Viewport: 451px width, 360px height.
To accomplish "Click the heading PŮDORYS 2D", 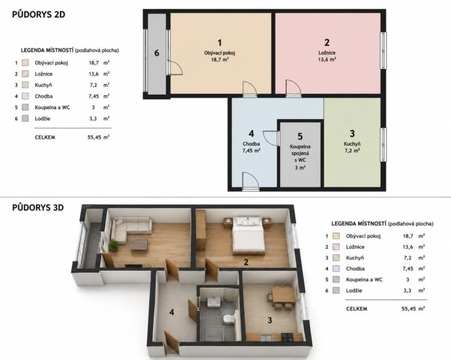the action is [39, 14].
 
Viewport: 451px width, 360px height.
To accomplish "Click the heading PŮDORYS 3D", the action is [38, 208].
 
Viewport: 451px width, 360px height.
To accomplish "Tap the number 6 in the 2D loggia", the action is [156, 53].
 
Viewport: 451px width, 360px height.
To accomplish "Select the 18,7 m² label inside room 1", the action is [220, 60].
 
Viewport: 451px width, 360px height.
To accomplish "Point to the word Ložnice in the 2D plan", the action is [327, 53].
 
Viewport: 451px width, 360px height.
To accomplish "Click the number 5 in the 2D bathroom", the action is [300, 137].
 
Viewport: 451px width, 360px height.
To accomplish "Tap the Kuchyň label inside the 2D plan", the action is [352, 144].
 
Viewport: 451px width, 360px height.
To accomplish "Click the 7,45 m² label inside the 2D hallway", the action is [251, 150].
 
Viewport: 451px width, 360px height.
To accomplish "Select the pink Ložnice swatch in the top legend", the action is [25, 74].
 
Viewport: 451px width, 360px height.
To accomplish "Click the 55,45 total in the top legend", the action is [95, 137].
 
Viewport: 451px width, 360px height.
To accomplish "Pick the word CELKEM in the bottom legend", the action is [356, 309].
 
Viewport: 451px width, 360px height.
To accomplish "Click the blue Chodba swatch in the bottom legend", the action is [336, 269].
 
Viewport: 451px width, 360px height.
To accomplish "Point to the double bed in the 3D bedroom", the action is [249, 236].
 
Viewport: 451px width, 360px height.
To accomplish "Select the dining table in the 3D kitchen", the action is [283, 295].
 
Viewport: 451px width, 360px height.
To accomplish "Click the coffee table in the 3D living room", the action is [139, 246].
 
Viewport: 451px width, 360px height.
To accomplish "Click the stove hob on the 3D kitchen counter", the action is [287, 337].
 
